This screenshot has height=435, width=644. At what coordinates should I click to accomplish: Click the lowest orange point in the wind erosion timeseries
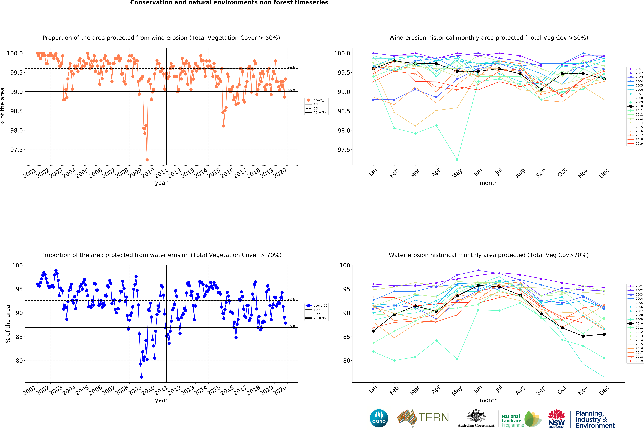(x=147, y=160)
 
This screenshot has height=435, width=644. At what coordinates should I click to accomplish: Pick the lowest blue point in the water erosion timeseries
(x=142, y=377)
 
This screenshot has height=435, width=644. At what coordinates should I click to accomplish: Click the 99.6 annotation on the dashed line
(x=291, y=67)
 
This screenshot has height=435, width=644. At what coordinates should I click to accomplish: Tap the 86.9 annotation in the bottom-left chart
(x=291, y=326)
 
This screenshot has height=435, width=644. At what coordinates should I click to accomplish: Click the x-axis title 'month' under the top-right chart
(x=489, y=183)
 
